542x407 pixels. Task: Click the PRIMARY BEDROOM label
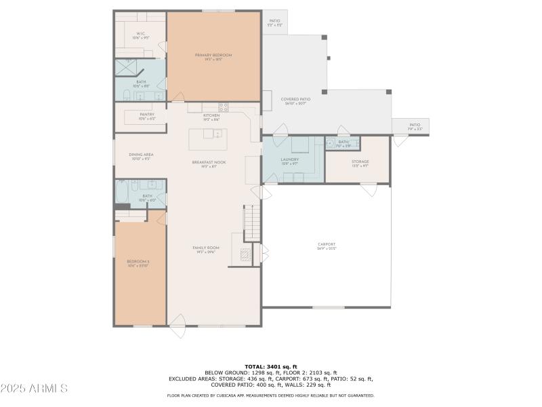click(213, 56)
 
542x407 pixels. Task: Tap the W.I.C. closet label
click(140, 35)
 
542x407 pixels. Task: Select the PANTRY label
click(147, 116)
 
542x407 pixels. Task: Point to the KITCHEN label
click(212, 117)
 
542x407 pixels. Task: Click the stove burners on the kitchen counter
click(223, 106)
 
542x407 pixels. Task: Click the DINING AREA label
click(141, 156)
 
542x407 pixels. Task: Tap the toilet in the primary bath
click(127, 94)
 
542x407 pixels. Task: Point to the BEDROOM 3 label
click(138, 263)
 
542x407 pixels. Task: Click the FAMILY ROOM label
click(206, 250)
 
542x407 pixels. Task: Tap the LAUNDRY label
click(290, 161)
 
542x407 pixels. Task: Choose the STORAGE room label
click(360, 163)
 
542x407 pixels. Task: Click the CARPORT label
click(327, 246)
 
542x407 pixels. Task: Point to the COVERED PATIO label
click(295, 101)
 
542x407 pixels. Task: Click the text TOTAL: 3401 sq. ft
click(271, 366)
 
